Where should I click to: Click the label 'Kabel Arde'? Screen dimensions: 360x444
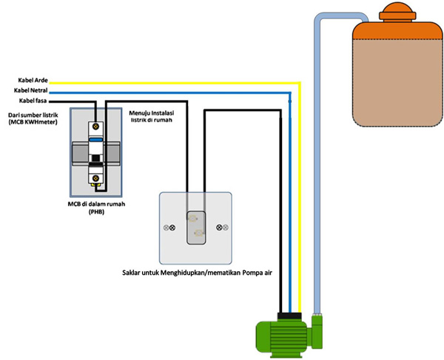32,80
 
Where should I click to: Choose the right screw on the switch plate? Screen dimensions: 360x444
218,227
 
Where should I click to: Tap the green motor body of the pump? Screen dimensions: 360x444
285,337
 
